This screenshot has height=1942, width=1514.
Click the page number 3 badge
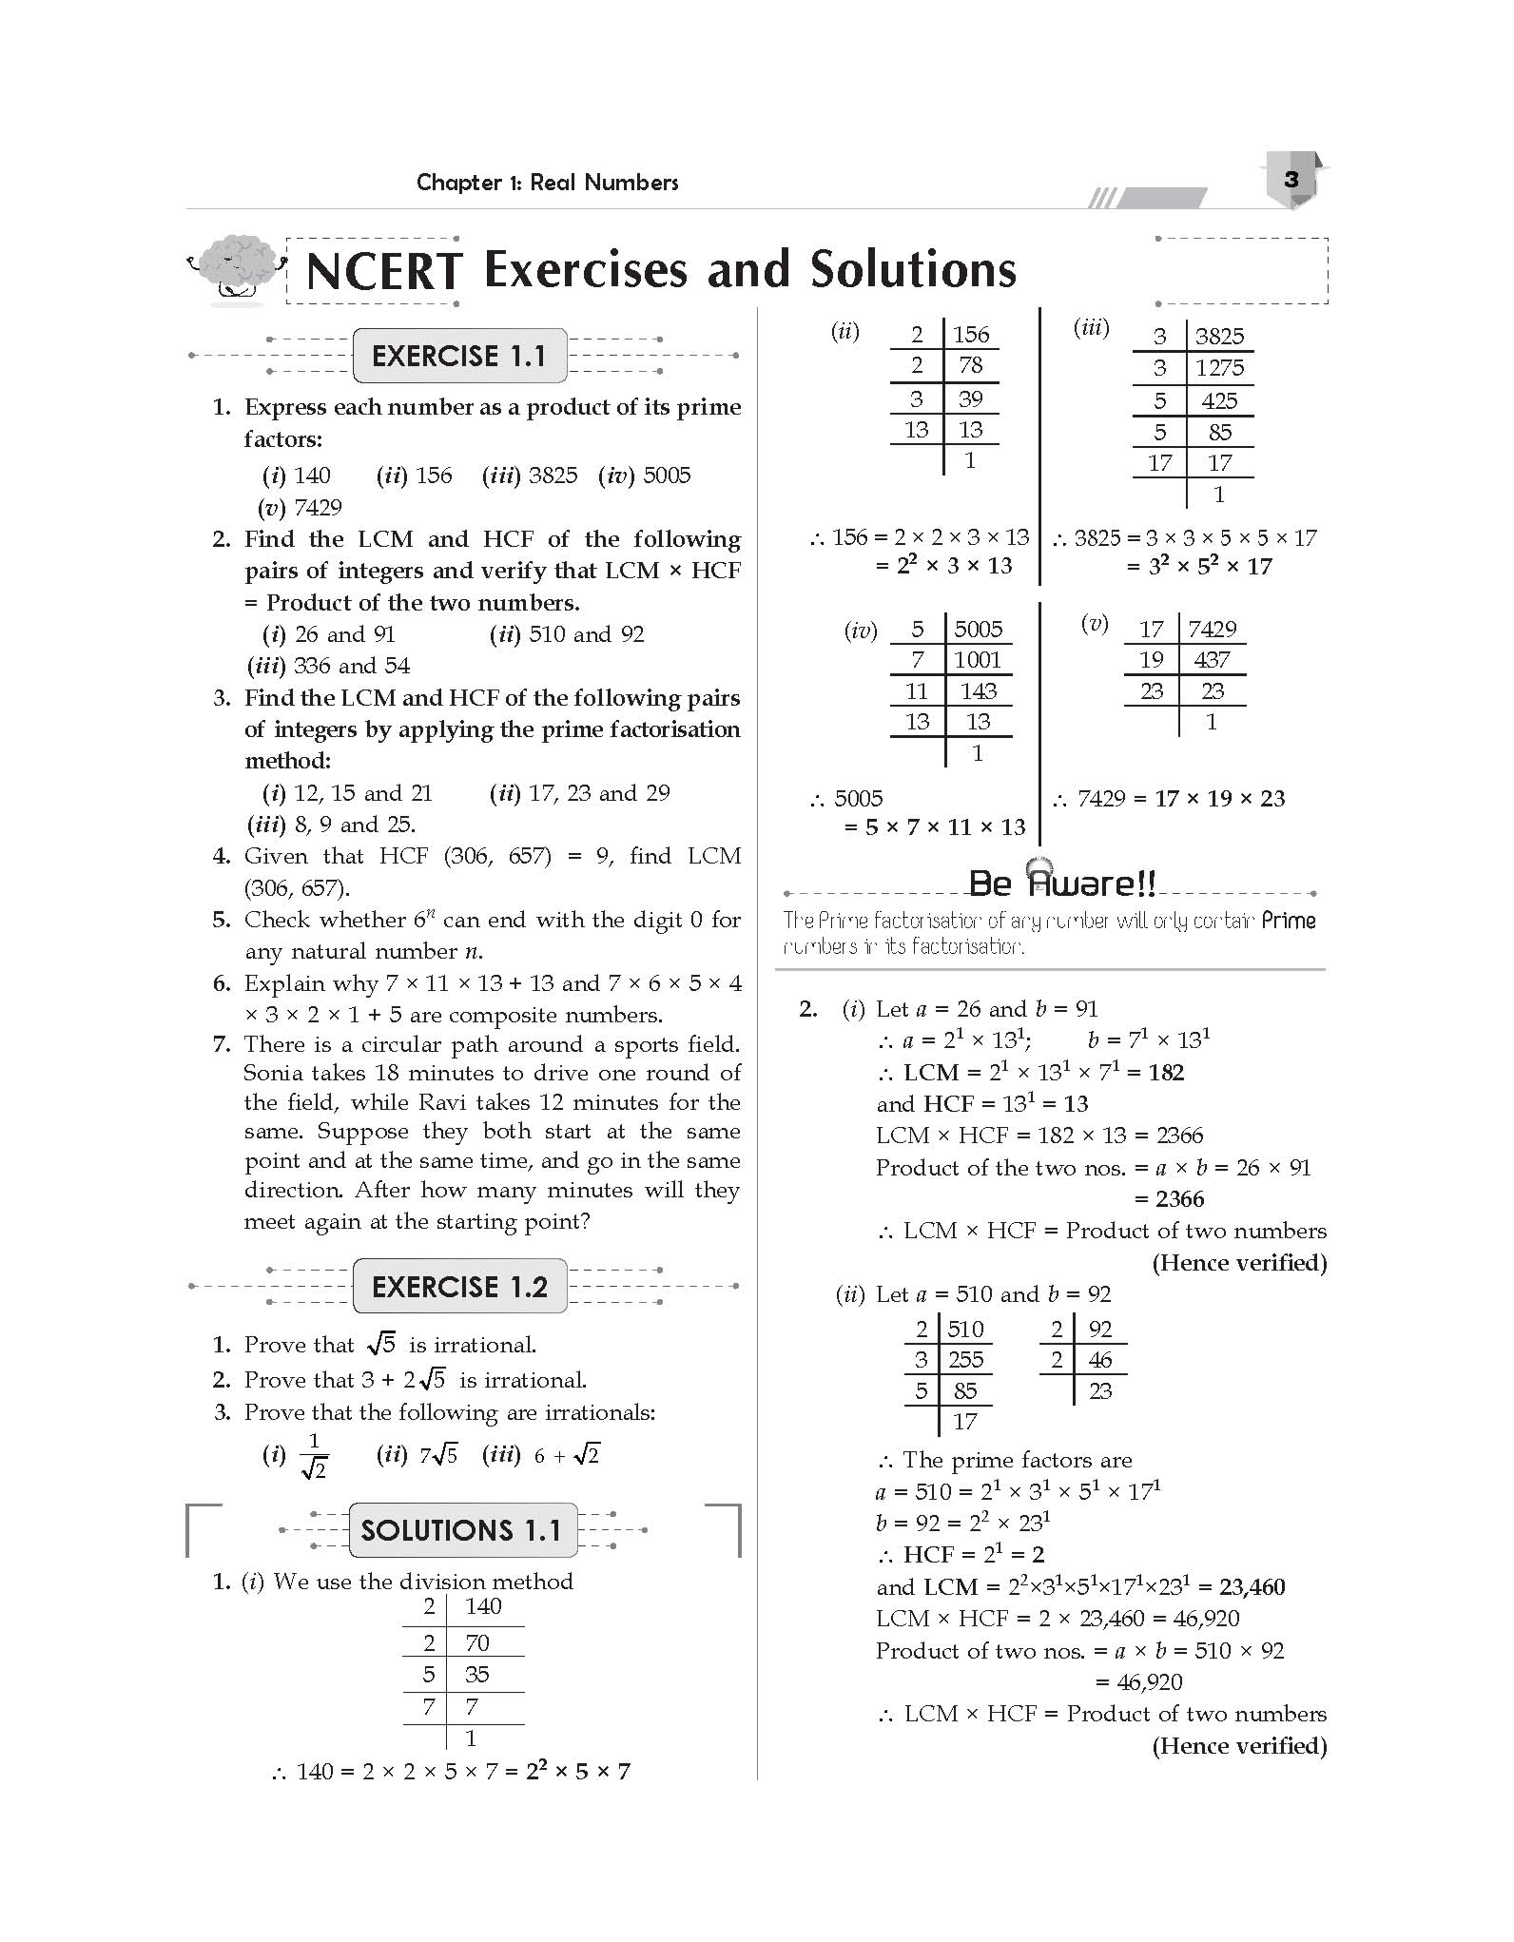[x=1291, y=180]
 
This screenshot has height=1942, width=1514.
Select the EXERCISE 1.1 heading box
[x=459, y=356]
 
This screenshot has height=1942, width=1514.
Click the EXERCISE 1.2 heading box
[x=459, y=1287]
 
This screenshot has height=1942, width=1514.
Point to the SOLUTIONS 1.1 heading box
[x=462, y=1530]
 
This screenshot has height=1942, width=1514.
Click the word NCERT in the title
[x=384, y=271]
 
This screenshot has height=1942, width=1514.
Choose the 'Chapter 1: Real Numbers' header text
[x=547, y=183]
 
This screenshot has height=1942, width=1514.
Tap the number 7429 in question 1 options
[x=318, y=507]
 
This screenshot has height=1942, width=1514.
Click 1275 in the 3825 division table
[x=1219, y=368]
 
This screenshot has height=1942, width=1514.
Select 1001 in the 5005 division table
[x=978, y=660]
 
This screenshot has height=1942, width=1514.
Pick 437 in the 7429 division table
[x=1212, y=660]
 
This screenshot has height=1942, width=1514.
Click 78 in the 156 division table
[x=970, y=365]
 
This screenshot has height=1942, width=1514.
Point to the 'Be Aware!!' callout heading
[x=1061, y=884]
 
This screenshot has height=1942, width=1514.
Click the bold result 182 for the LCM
[x=1165, y=1073]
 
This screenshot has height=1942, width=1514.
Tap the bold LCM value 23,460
[x=1252, y=1586]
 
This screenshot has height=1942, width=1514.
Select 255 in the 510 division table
[x=965, y=1360]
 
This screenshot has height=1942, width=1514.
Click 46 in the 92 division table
[x=1099, y=1360]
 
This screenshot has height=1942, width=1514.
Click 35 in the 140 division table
[x=476, y=1674]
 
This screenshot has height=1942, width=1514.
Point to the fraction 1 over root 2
[x=314, y=1455]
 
